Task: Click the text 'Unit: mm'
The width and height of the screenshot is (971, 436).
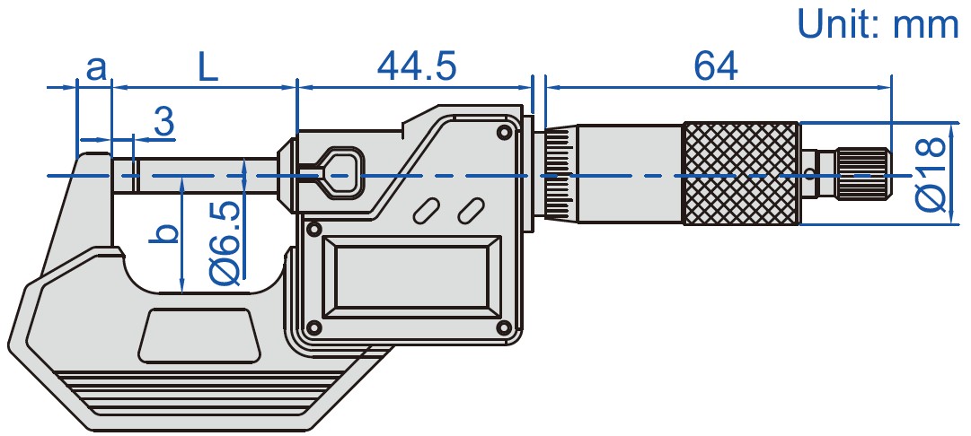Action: point(878,23)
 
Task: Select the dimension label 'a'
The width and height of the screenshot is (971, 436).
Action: point(95,67)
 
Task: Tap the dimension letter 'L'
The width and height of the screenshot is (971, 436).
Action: point(207,68)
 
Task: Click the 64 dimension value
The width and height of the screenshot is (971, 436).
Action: point(715,67)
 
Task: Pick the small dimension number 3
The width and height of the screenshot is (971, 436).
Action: point(163,123)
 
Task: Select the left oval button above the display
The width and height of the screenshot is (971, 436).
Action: point(426,211)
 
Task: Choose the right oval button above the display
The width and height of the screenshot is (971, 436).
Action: point(469,211)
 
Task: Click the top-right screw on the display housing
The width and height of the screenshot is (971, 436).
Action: point(504,133)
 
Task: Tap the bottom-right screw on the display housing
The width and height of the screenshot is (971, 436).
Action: point(504,327)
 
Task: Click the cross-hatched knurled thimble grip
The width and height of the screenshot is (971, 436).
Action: point(741,174)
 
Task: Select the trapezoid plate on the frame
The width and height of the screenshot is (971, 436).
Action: point(199,336)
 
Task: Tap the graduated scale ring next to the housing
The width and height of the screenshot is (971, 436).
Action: point(557,174)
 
